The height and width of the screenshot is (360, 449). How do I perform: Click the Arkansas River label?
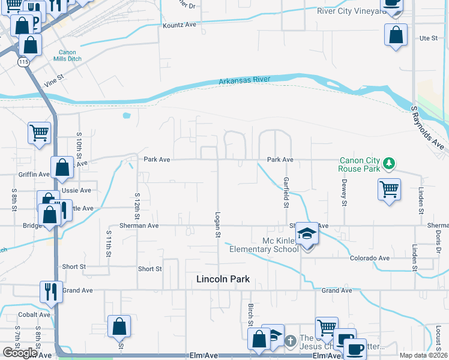pos(244,80)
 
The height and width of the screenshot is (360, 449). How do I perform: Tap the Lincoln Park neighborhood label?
pos(223,279)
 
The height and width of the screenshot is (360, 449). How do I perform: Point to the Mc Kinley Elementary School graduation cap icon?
pos(307,233)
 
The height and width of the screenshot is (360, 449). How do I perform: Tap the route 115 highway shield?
pos(23,62)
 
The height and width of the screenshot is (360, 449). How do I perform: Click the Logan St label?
pos(217,223)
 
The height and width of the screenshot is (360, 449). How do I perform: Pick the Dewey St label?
pos(345,193)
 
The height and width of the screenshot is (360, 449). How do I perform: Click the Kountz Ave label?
pos(179,25)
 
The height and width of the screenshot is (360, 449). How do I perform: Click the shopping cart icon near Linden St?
pos(390,190)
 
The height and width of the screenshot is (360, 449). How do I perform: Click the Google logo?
pos(20,353)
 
